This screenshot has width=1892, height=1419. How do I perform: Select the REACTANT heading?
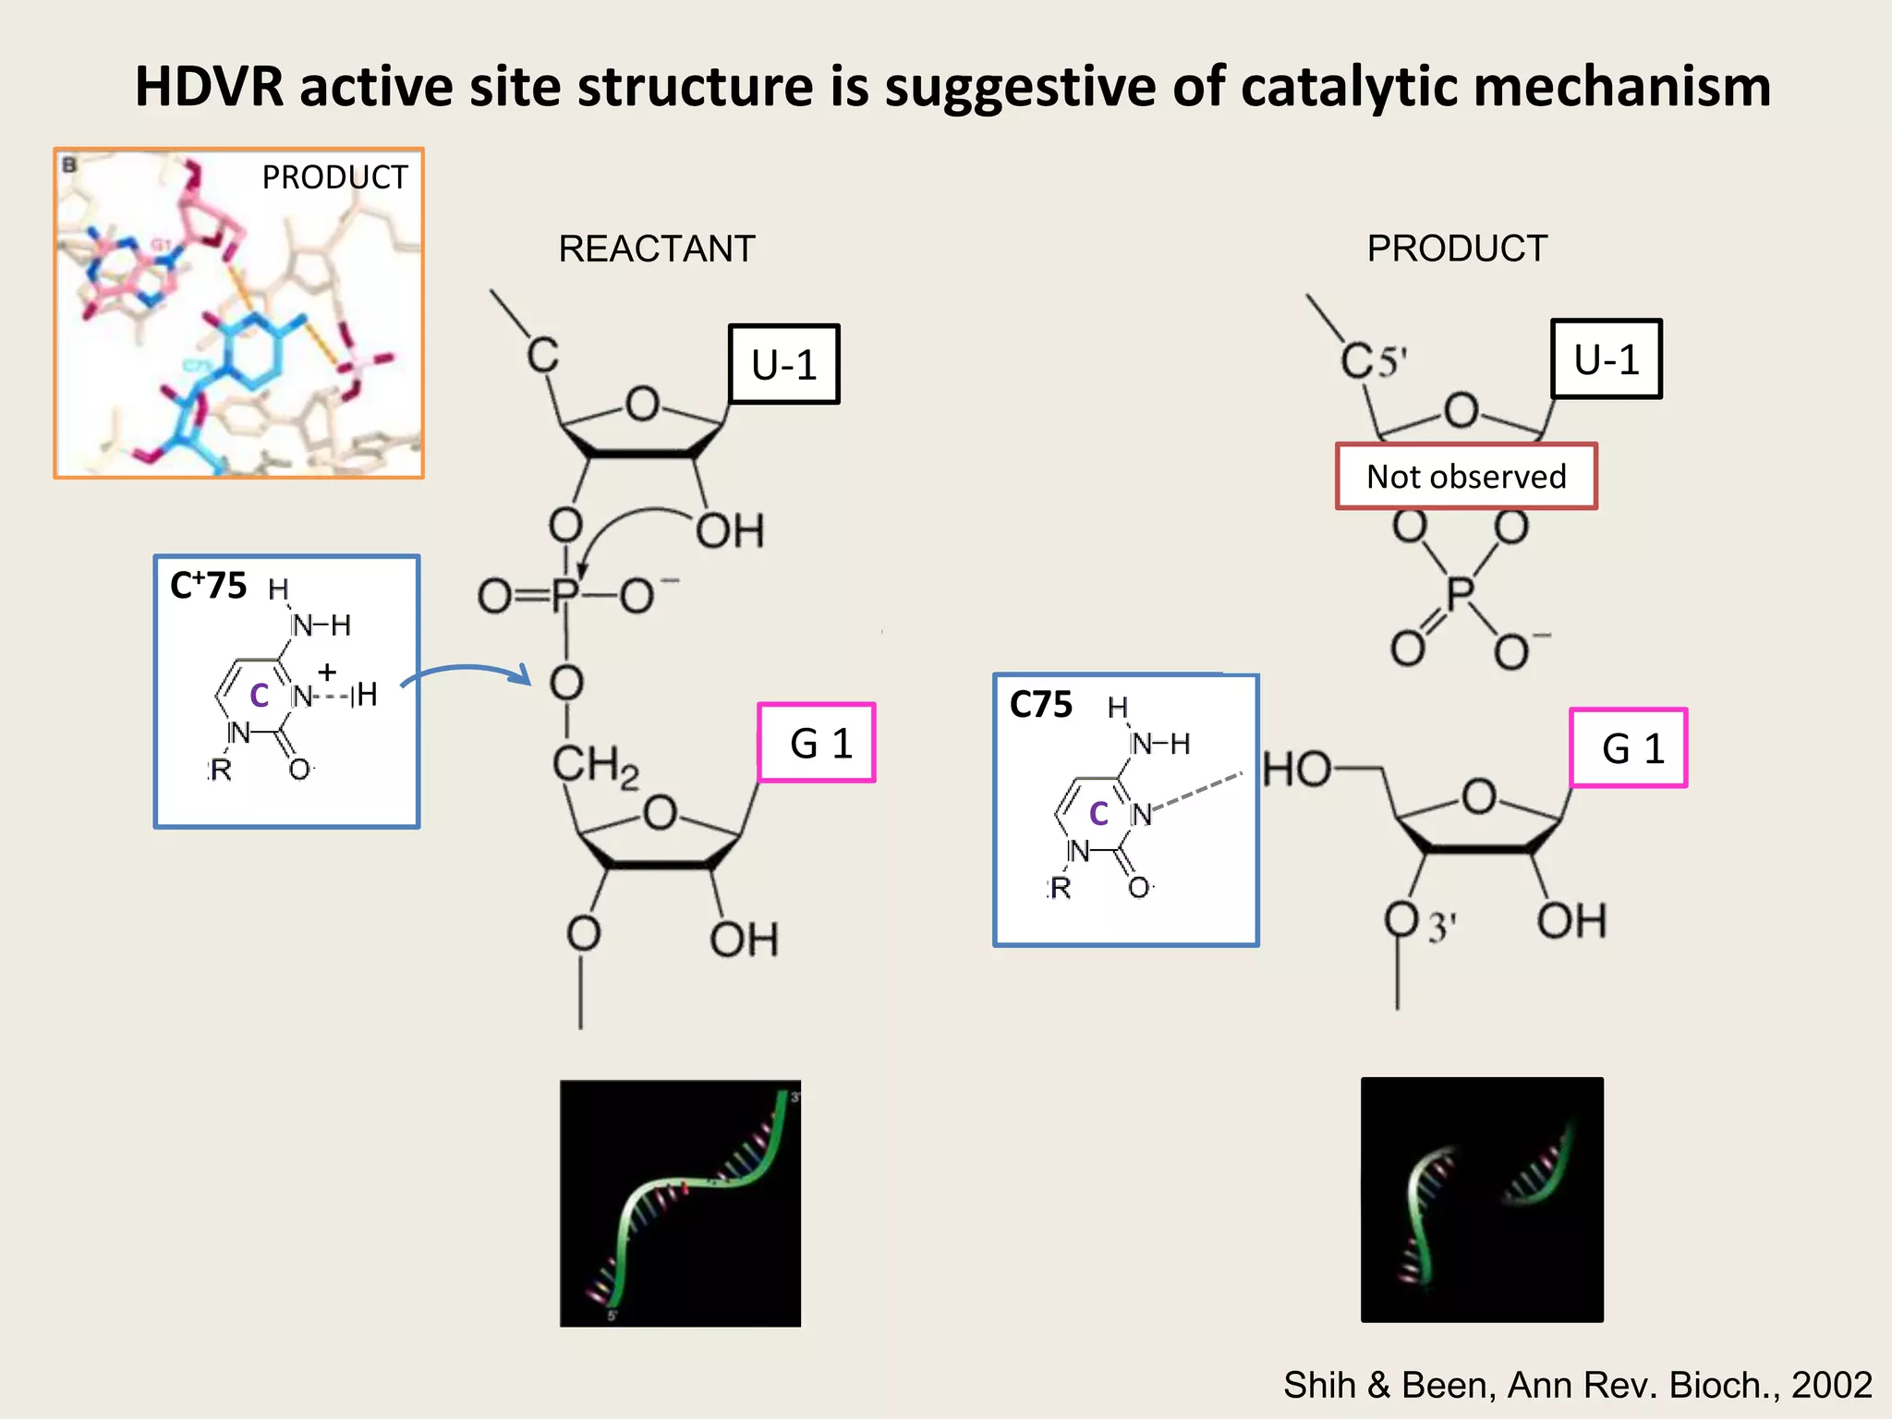tap(657, 249)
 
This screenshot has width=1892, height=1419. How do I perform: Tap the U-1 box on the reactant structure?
tap(784, 364)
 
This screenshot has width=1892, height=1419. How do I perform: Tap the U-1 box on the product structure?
tap(1607, 359)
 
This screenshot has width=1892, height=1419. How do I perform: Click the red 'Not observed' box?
tap(1466, 477)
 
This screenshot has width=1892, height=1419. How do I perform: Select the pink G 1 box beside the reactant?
tap(817, 743)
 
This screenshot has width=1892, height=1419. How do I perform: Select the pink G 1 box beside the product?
tap(1629, 748)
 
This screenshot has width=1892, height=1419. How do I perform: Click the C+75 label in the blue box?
tap(209, 586)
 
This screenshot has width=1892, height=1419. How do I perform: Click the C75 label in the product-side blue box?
tap(1041, 705)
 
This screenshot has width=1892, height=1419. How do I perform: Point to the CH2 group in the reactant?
tap(595, 767)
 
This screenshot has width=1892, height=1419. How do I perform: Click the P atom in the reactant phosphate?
tap(565, 595)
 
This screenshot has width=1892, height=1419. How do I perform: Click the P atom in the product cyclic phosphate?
tap(1461, 592)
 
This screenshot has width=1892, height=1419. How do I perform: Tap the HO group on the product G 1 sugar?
tap(1297, 769)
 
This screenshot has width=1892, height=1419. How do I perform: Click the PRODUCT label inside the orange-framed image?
tap(334, 177)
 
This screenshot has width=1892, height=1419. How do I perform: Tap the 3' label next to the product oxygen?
tap(1441, 927)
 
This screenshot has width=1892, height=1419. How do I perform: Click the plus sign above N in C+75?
tap(327, 672)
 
